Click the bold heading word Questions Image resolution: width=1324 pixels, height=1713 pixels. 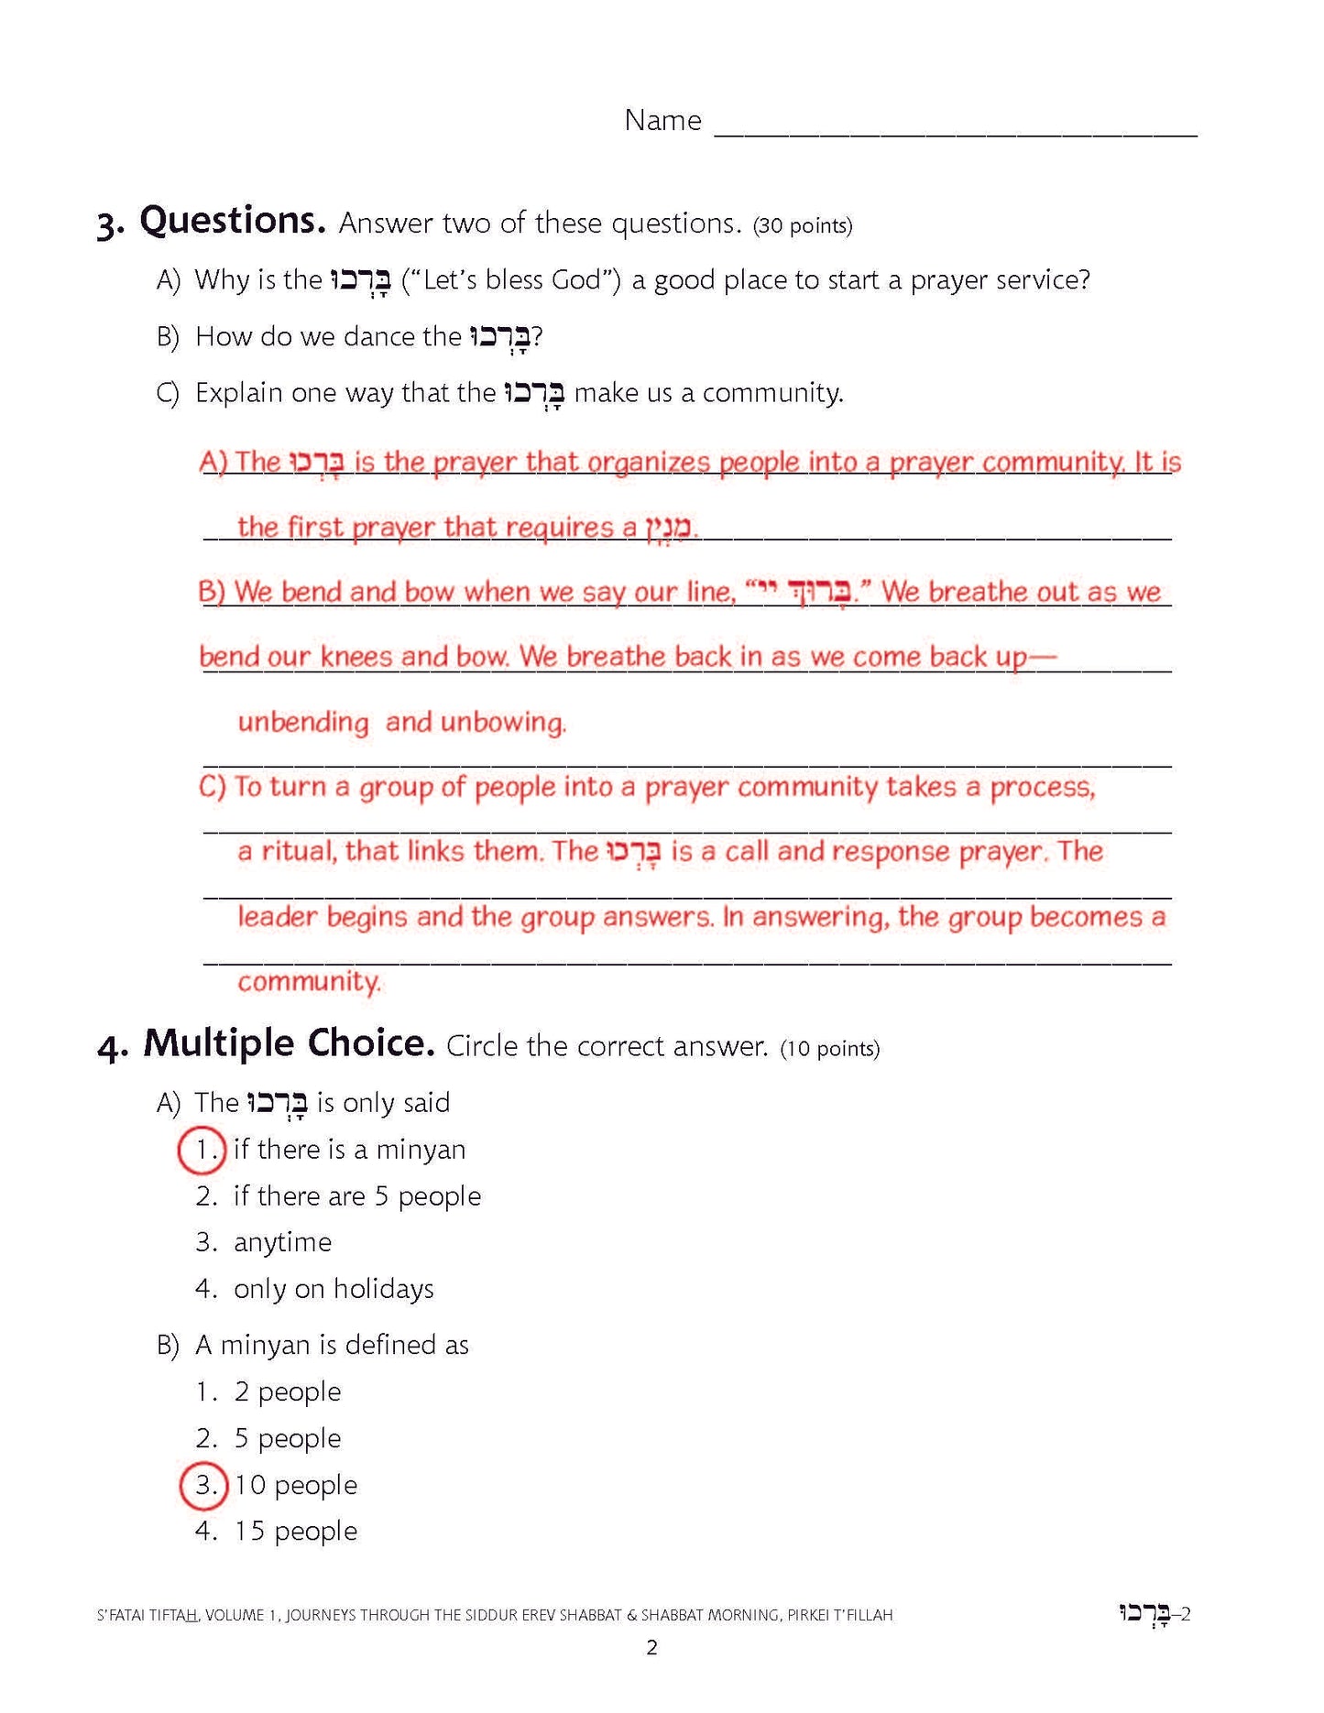pyautogui.click(x=232, y=221)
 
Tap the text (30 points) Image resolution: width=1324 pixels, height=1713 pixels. pyautogui.click(x=803, y=225)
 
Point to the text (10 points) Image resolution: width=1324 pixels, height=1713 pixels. pyautogui.click(x=830, y=1048)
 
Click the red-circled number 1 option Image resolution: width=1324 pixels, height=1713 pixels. pyautogui.click(x=202, y=1151)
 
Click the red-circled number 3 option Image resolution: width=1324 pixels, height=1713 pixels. pyautogui.click(x=202, y=1485)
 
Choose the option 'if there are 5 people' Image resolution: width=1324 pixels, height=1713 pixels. pyautogui.click(x=356, y=1196)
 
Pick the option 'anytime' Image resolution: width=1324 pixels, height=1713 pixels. pyautogui.click(x=282, y=1243)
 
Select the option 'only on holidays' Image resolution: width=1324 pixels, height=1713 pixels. pyautogui.click(x=334, y=1289)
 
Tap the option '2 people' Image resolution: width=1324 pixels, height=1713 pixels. pyautogui.click(x=287, y=1391)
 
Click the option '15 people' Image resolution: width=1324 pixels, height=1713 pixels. pyautogui.click(x=295, y=1532)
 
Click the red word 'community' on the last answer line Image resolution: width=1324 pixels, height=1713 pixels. pyautogui.click(x=308, y=982)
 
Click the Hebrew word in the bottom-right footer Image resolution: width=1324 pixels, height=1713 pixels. pyautogui.click(x=1144, y=1614)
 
